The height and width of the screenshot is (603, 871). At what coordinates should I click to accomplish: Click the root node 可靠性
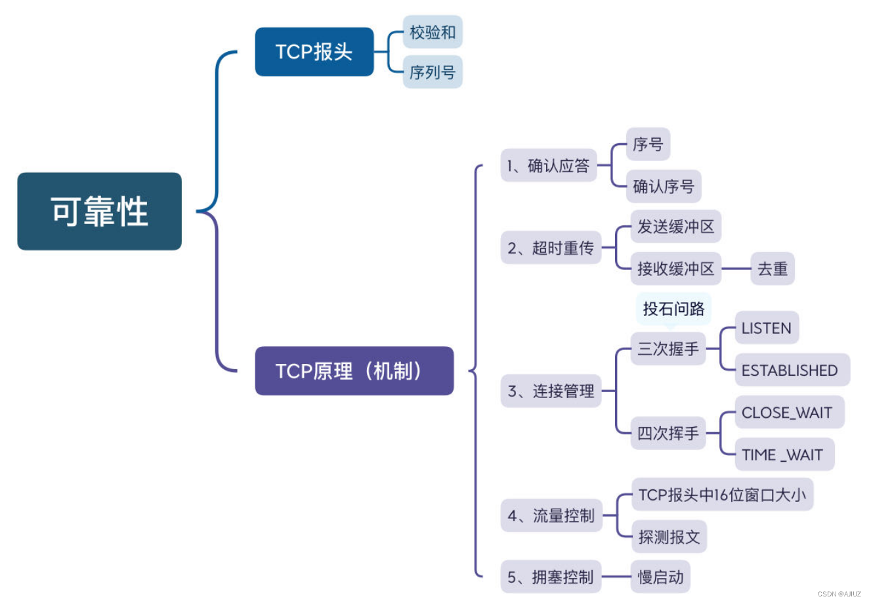99,212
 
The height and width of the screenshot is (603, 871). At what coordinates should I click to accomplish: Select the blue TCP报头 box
314,52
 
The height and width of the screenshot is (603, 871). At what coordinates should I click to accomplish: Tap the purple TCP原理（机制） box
354,371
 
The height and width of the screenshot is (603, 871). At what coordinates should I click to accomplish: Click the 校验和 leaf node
433,32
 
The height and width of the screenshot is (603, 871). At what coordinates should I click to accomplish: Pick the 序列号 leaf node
433,72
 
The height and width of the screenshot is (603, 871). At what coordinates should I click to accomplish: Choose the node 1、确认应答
548,166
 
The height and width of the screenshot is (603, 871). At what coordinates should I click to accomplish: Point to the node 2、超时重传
551,248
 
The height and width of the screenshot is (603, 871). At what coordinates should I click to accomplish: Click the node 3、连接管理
551,391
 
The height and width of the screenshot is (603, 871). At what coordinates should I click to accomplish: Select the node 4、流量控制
551,516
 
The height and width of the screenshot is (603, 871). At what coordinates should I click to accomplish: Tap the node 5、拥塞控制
551,577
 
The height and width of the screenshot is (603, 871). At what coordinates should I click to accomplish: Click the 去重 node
772,269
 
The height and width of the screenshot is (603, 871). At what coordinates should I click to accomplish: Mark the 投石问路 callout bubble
673,309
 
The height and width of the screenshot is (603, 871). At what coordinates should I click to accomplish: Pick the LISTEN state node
766,328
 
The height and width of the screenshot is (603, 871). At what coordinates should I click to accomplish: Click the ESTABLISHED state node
790,370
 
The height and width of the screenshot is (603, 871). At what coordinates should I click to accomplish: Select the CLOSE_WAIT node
787,413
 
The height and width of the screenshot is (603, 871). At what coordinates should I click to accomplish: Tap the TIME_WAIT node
782,455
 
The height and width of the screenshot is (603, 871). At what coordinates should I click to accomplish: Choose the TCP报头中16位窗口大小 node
722,495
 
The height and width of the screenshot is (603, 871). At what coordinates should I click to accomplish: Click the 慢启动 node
661,577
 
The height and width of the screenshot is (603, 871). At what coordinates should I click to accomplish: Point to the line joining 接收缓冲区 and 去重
736,269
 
